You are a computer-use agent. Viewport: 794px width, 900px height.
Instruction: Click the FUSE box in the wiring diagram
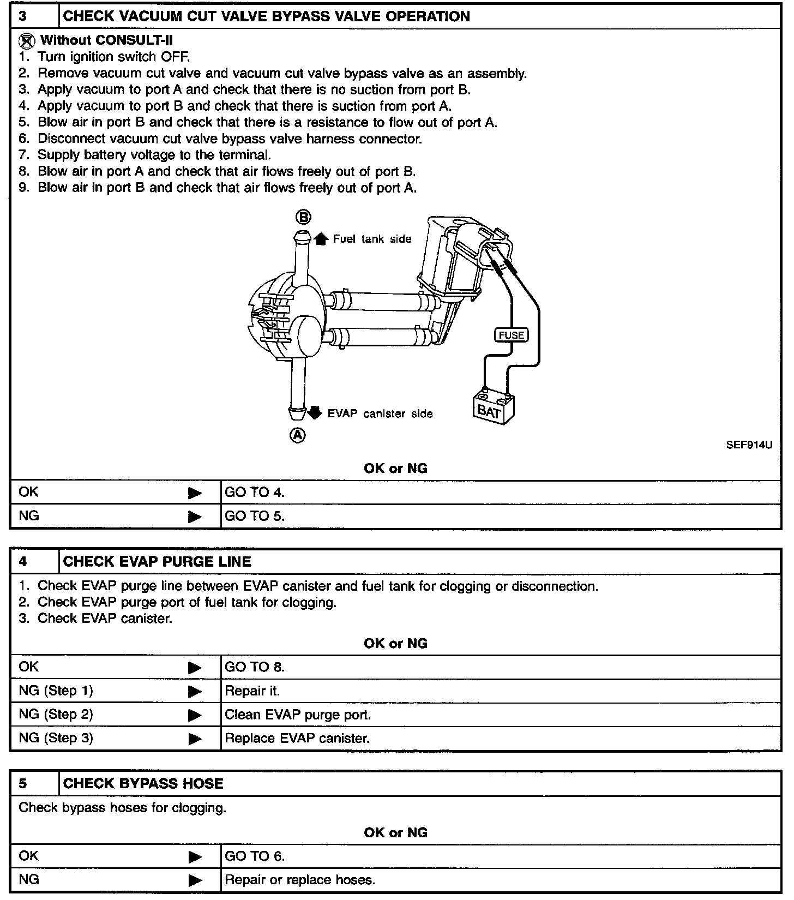pyautogui.click(x=511, y=335)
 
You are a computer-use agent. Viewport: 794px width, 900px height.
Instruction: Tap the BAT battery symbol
pyautogui.click(x=493, y=407)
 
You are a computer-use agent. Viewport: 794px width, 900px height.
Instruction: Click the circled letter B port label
pyautogui.click(x=303, y=218)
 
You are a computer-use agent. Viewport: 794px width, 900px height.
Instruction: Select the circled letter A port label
pyautogui.click(x=297, y=435)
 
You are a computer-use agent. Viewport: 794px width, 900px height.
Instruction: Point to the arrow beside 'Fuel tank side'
pyautogui.click(x=321, y=238)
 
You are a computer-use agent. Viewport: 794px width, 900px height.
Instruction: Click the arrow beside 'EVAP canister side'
pyautogui.click(x=315, y=413)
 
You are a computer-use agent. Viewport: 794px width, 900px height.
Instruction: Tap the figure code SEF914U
pyautogui.click(x=749, y=445)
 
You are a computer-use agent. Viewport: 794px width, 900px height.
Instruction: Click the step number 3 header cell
pyautogui.click(x=23, y=16)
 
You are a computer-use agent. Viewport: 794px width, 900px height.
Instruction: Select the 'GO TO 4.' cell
pyautogui.click(x=255, y=493)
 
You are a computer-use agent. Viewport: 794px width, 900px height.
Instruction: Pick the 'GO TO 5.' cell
pyautogui.click(x=255, y=516)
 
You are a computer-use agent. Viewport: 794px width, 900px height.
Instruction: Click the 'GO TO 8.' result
pyautogui.click(x=255, y=667)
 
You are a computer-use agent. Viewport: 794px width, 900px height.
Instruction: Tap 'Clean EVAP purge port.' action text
pyautogui.click(x=298, y=715)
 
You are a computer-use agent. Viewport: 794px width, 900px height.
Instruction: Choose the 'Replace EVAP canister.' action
pyautogui.click(x=297, y=739)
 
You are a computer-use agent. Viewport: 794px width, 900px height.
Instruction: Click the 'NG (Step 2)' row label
pyautogui.click(x=56, y=715)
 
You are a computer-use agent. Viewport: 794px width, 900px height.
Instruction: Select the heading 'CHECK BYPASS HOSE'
pyautogui.click(x=143, y=784)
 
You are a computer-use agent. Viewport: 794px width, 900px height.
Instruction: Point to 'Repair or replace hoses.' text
pyautogui.click(x=300, y=880)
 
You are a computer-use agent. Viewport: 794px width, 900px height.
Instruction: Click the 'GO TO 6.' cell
pyautogui.click(x=255, y=856)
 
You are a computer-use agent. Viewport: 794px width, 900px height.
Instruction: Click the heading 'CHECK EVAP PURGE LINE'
pyautogui.click(x=157, y=562)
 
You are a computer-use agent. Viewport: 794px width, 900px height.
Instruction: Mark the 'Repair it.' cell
pyautogui.click(x=252, y=691)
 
